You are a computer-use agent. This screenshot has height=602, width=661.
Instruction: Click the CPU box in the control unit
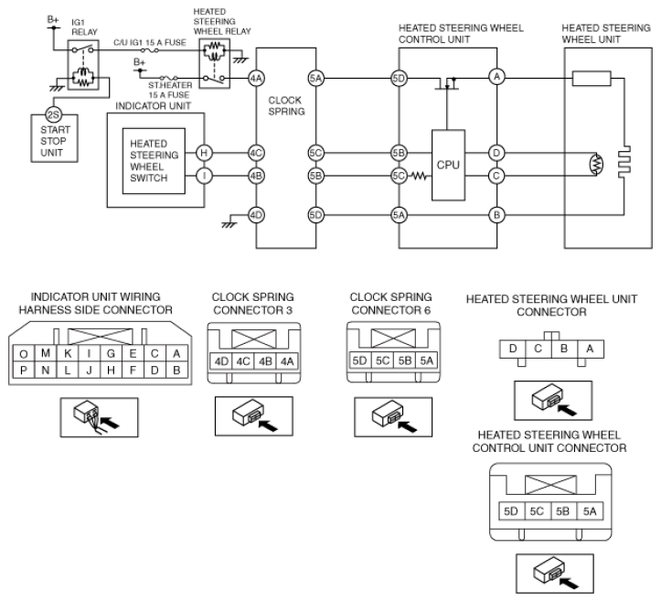(x=448, y=165)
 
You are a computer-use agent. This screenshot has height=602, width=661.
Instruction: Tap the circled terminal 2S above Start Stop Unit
(x=54, y=114)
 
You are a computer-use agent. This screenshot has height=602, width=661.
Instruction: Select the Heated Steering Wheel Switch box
(x=154, y=161)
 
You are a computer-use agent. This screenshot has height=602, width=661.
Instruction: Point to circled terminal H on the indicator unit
(x=204, y=153)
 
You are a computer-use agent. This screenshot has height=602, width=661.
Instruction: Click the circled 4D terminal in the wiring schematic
(x=256, y=215)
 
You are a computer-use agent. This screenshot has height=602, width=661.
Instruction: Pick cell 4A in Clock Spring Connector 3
(x=287, y=361)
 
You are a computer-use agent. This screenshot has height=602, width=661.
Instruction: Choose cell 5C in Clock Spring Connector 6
(x=382, y=360)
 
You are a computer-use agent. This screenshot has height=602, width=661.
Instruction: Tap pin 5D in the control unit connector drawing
(x=511, y=511)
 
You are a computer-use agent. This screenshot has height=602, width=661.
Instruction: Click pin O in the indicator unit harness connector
(x=24, y=353)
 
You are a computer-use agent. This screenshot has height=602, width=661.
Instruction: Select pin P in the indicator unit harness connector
(x=24, y=370)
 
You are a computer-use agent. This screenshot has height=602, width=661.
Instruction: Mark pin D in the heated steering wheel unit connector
(x=513, y=349)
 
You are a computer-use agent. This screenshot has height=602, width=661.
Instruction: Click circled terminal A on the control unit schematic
(x=497, y=77)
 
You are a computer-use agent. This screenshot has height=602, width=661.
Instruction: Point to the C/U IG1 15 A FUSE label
(x=150, y=43)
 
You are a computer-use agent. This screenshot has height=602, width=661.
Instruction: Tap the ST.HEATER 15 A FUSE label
(x=170, y=90)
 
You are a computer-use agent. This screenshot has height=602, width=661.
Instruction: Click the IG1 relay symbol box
(x=83, y=65)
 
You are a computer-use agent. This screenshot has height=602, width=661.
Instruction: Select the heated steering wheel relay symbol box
(x=215, y=63)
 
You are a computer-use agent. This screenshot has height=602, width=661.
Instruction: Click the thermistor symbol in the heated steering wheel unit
(x=597, y=164)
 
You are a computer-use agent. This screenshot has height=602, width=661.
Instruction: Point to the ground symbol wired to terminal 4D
(x=229, y=224)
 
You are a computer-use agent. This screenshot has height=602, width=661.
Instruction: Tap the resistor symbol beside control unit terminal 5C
(x=419, y=176)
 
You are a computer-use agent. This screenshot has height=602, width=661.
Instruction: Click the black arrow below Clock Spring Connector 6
(x=407, y=426)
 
